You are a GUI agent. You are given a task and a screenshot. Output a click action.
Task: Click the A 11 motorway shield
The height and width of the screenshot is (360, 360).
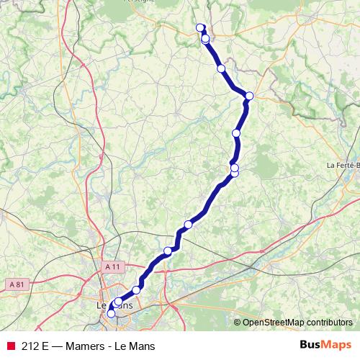111,266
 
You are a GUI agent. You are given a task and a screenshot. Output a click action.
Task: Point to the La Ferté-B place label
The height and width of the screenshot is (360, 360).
343,165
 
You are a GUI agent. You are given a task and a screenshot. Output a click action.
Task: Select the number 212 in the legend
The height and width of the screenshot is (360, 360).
30,346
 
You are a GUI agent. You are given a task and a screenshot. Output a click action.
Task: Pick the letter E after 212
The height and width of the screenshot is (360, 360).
46,346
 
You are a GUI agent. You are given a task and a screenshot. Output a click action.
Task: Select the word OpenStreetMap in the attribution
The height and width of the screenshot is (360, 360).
274,323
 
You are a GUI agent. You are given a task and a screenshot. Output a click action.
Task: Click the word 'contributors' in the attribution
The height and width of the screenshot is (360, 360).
330,323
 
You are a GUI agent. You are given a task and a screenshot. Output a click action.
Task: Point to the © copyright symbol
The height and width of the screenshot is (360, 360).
238,323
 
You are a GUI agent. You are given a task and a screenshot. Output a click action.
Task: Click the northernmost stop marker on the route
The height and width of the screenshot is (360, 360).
201,28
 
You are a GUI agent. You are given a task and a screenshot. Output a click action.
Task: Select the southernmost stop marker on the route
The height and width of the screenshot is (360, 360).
111,313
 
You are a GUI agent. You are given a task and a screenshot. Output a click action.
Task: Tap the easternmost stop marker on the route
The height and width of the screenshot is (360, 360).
249,96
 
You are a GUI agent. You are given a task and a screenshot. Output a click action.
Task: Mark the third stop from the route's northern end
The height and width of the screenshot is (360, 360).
221,68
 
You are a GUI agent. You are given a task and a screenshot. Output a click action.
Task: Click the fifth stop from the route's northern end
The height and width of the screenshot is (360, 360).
236,133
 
